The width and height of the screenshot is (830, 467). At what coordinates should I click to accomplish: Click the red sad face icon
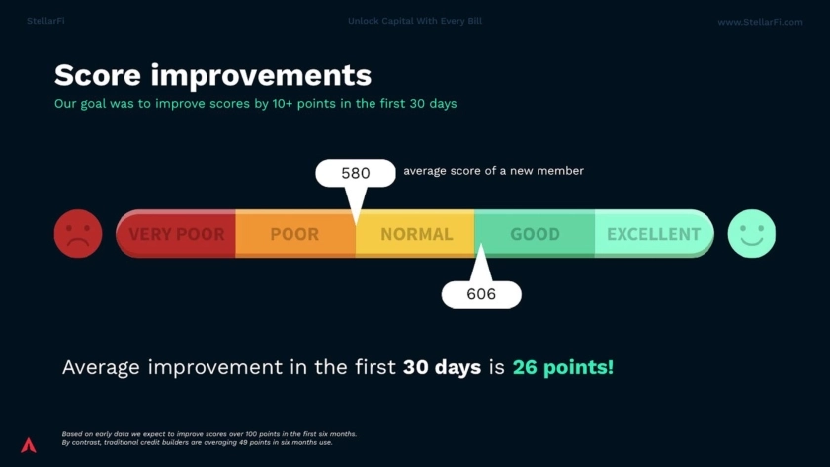(x=78, y=234)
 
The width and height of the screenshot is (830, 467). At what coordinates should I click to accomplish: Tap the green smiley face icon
(x=752, y=234)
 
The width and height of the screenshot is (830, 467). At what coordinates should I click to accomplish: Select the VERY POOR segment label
(x=177, y=234)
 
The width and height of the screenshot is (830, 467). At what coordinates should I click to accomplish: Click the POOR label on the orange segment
(x=294, y=234)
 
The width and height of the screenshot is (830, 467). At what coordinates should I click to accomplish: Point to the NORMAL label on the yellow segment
(x=417, y=234)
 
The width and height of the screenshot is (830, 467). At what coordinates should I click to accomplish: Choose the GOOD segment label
(x=535, y=234)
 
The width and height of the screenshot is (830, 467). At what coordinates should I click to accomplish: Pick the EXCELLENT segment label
(x=654, y=234)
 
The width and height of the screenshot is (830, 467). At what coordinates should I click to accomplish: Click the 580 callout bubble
(x=356, y=173)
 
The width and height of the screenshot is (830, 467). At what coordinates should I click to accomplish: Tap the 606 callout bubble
(x=481, y=294)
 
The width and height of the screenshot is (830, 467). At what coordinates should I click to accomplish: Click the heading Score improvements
(x=212, y=75)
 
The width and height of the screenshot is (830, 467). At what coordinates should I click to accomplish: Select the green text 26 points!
(x=562, y=367)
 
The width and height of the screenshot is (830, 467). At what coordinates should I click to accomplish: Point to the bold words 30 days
(x=442, y=367)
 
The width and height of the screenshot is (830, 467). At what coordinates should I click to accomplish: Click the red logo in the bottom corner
(x=29, y=445)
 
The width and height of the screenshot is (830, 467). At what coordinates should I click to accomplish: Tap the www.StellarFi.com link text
(x=760, y=22)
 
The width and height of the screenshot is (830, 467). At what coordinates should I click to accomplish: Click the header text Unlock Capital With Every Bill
(x=415, y=21)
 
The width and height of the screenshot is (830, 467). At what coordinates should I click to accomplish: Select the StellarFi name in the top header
(x=45, y=21)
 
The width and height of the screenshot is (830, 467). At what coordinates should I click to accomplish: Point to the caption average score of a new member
(x=493, y=170)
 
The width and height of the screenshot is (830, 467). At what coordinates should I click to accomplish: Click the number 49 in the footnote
(x=243, y=442)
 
